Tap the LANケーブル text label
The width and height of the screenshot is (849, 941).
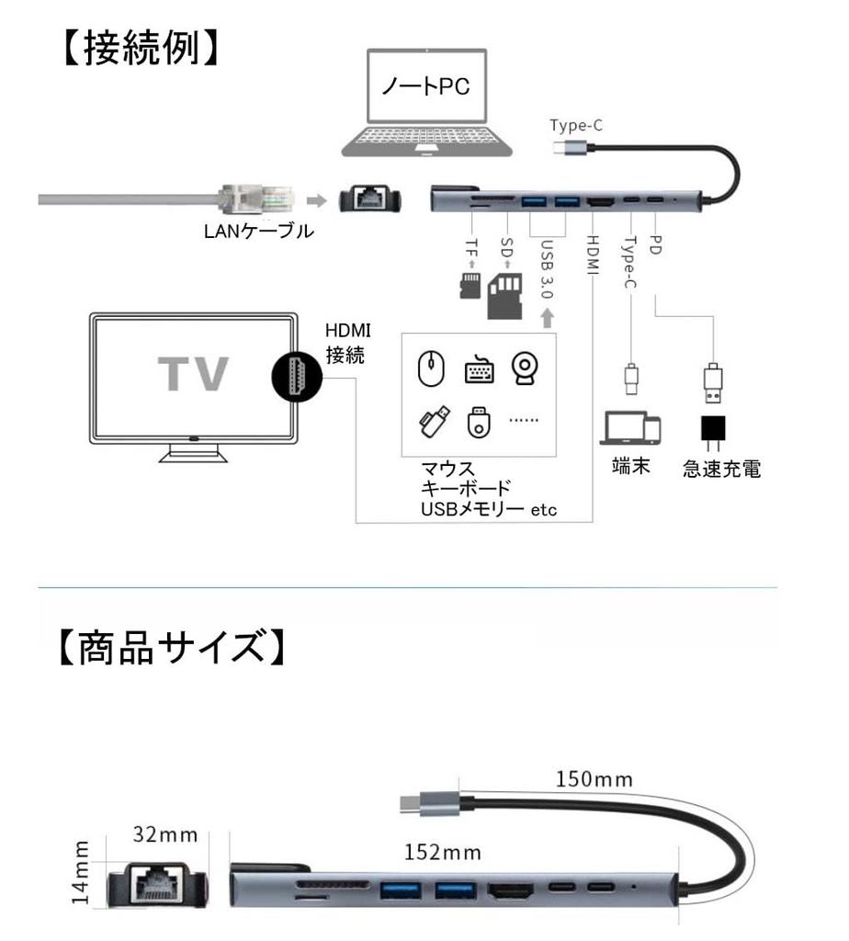pos(258,232)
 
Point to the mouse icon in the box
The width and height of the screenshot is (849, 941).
pos(430,369)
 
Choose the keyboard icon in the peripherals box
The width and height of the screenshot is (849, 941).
pos(479,370)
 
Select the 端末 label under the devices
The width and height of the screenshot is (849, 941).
pos(631,466)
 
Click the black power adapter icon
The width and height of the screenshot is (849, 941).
pos(714,429)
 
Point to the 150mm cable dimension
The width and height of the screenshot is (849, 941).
pos(594,779)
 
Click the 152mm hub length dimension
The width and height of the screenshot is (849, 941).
pos(444,852)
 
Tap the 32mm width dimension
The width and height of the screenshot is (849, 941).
pos(165,834)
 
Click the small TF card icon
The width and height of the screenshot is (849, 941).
pos(470,286)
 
